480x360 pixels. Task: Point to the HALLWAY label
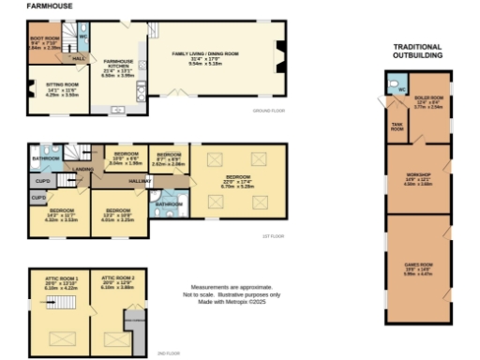tap(141, 178)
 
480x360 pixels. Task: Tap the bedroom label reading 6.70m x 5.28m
tap(237, 183)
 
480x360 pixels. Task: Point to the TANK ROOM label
tap(397, 128)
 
